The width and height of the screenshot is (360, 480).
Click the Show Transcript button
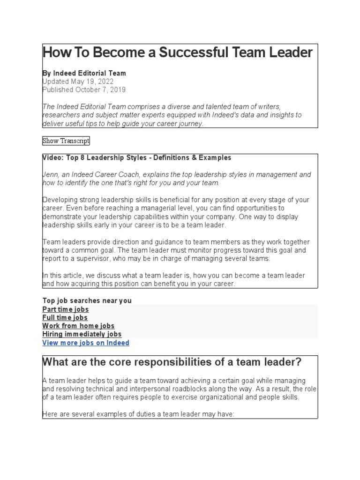tap(66, 141)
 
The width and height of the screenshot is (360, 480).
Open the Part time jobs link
tap(65, 309)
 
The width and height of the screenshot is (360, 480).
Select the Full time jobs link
tap(65, 318)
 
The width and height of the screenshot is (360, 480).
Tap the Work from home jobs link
tap(78, 326)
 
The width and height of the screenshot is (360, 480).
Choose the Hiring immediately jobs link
tap(82, 334)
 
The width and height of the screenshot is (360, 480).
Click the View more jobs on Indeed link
tap(86, 343)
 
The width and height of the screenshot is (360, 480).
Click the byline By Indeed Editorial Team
tap(84, 73)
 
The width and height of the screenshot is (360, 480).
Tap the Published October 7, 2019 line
tap(84, 90)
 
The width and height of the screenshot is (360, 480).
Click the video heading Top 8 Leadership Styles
tap(137, 157)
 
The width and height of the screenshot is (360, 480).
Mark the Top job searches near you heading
tap(87, 301)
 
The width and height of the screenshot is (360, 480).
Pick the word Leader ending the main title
tap(290, 52)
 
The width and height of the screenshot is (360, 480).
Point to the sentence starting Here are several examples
tap(138, 414)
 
